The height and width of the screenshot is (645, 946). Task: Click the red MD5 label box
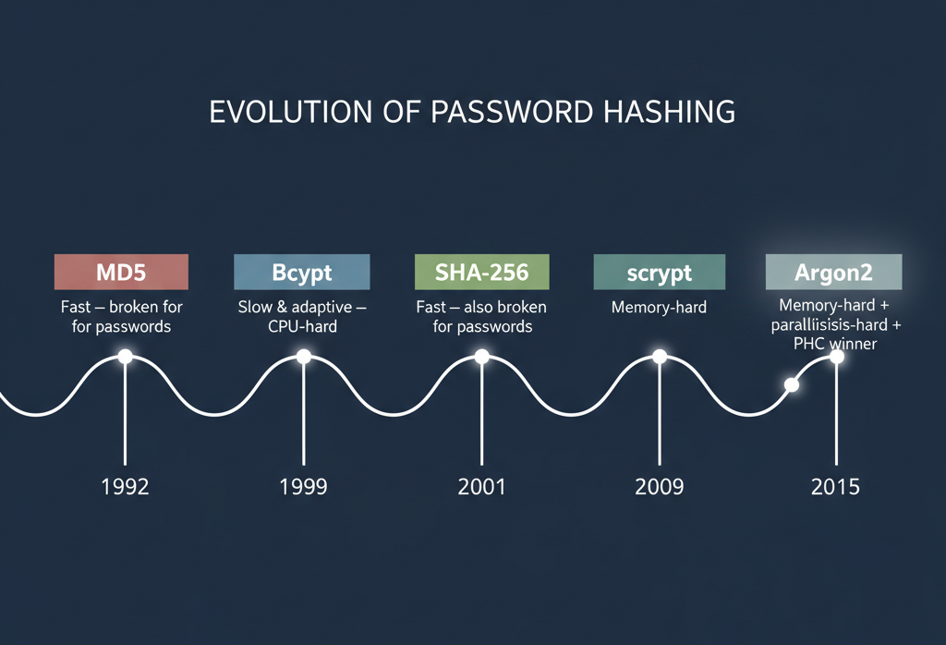121,273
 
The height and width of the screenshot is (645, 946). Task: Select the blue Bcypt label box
302,273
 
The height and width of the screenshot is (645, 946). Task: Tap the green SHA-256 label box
482,273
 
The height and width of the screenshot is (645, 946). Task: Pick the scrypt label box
659,273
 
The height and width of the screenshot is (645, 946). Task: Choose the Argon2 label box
834,273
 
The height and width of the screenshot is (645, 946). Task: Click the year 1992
125,486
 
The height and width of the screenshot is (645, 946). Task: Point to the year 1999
303,486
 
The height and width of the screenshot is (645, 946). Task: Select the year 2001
482,486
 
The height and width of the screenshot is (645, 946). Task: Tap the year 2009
660,486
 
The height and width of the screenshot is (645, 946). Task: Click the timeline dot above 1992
125,357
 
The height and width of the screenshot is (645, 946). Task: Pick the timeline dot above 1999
303,357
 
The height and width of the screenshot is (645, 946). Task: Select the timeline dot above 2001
482,357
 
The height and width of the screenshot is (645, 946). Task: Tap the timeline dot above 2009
660,357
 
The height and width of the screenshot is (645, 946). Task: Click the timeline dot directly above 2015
837,357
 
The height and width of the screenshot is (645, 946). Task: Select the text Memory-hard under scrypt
659,307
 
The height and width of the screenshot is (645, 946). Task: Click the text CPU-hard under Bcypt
302,326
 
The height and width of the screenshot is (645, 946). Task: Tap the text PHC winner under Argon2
834,345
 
